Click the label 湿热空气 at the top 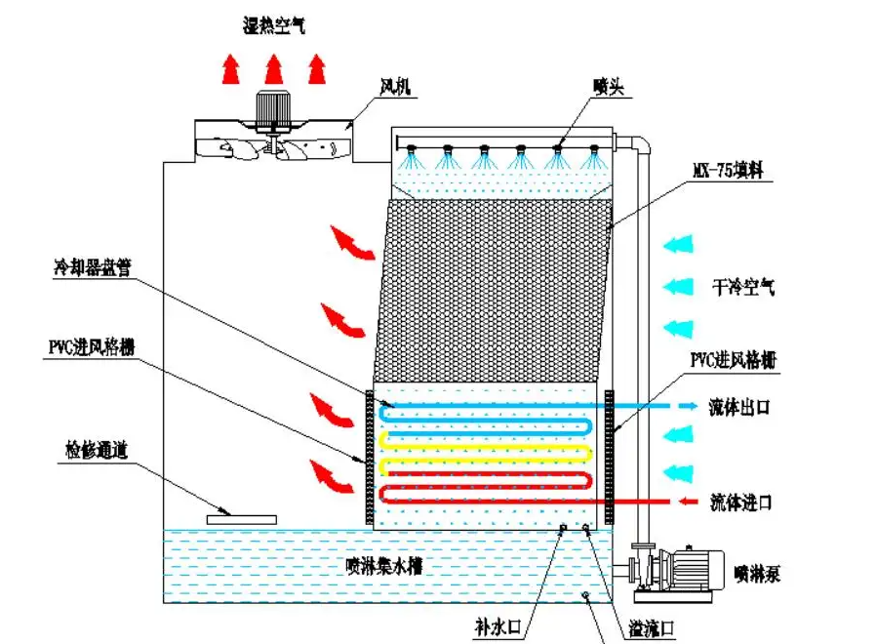[273, 26]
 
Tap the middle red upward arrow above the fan [273, 68]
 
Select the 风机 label [395, 87]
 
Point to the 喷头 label [607, 87]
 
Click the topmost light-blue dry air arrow [678, 243]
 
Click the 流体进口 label [740, 503]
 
